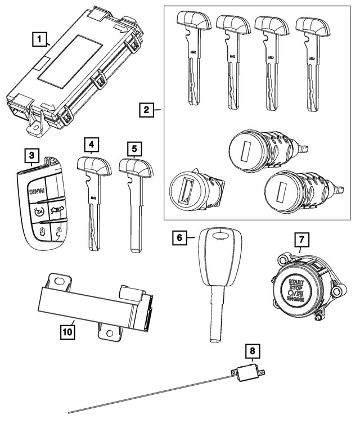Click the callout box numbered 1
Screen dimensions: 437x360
coord(39,40)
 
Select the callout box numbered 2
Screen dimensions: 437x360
coord(146,109)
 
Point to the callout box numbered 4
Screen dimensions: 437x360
coord(91,146)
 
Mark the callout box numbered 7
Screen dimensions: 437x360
coord(303,242)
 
